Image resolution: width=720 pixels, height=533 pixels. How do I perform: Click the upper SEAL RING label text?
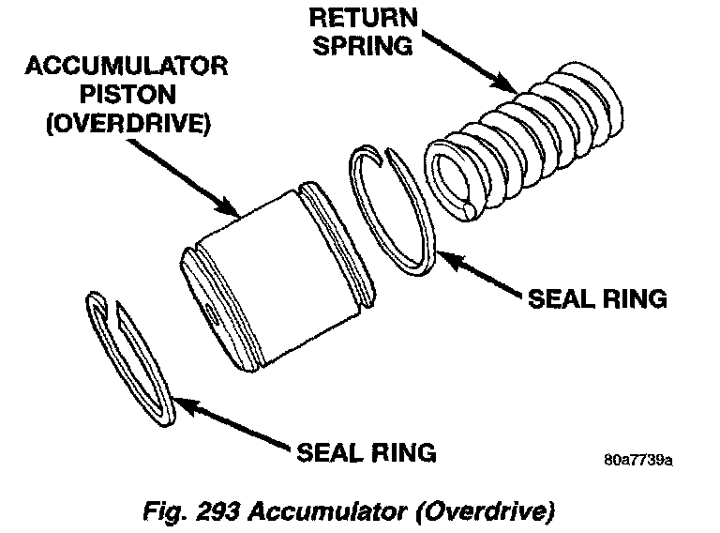tap(597, 298)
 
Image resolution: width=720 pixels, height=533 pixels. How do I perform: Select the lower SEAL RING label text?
tap(367, 452)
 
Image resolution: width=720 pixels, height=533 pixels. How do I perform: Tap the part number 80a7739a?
tap(639, 462)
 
